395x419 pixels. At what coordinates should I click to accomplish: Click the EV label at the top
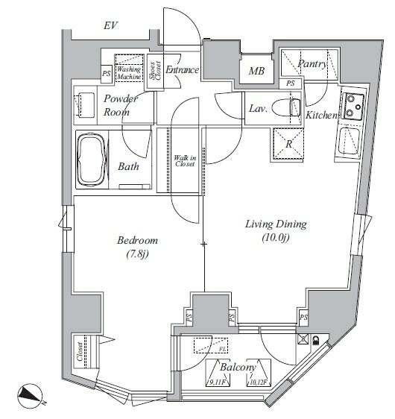(112, 27)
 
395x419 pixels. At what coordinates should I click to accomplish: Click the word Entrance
(183, 70)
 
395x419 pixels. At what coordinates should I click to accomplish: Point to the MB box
(256, 72)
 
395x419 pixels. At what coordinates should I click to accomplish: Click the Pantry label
(312, 64)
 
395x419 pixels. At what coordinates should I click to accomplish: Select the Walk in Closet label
(184, 161)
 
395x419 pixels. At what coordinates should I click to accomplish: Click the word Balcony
(238, 367)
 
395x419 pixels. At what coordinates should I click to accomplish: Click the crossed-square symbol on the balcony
(303, 340)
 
